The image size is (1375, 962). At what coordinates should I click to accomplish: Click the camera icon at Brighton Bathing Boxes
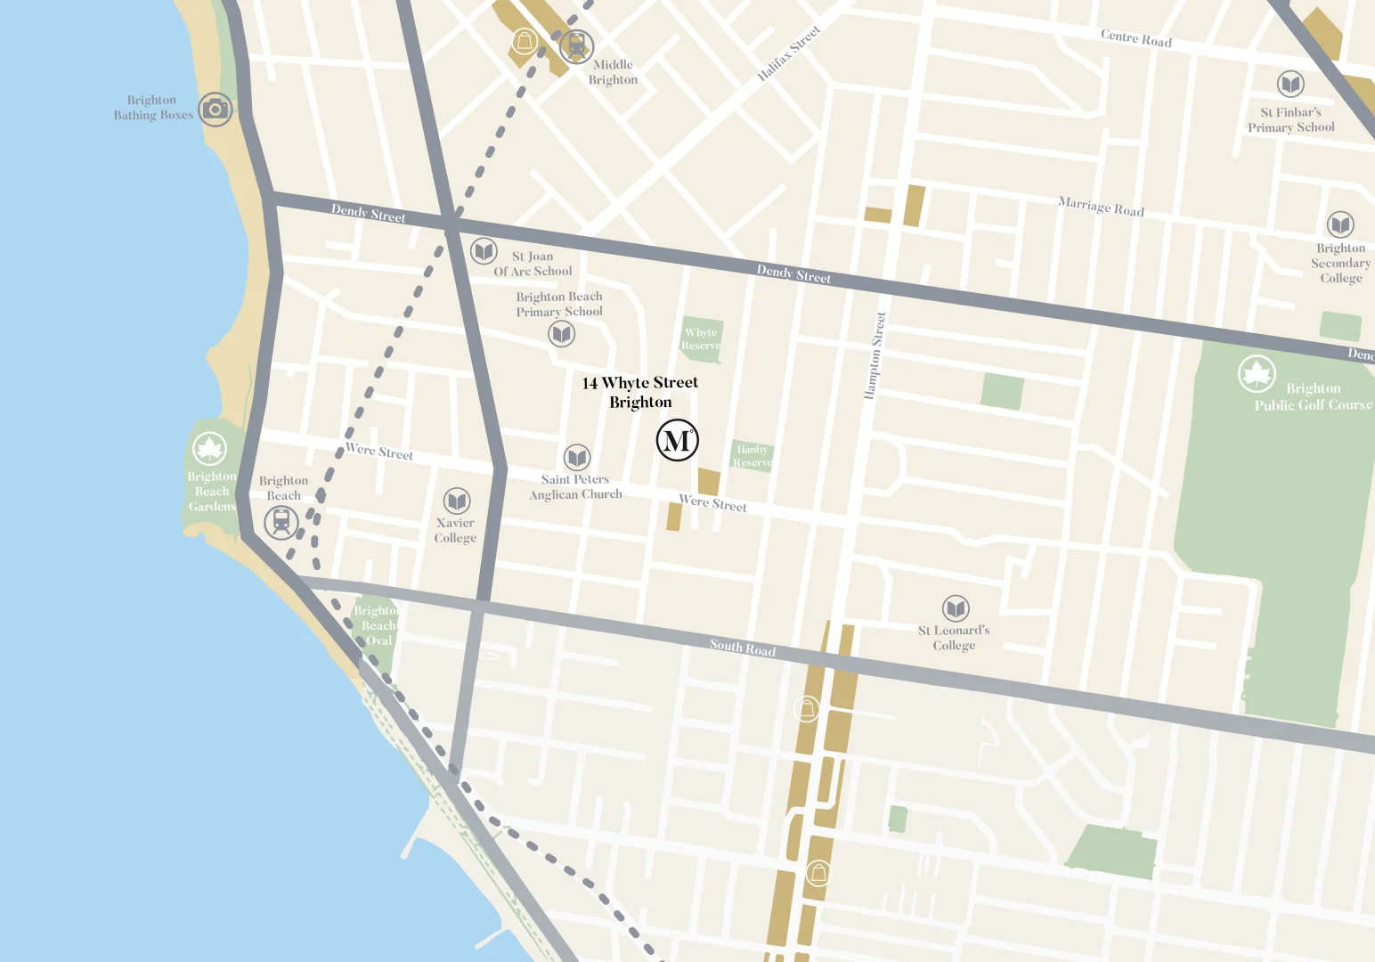pyautogui.click(x=215, y=110)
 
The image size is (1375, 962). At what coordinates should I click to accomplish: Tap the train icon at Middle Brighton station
pyautogui.click(x=576, y=45)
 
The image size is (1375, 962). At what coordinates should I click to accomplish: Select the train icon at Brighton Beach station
pyautogui.click(x=281, y=522)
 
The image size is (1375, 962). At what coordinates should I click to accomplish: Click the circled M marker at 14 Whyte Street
pyautogui.click(x=677, y=440)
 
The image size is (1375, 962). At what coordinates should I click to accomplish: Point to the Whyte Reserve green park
pyautogui.click(x=701, y=339)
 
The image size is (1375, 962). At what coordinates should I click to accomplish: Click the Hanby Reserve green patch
pyautogui.click(x=752, y=455)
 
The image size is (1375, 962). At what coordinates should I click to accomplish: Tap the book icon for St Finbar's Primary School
pyautogui.click(x=1290, y=85)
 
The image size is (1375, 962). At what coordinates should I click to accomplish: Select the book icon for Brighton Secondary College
pyautogui.click(x=1340, y=224)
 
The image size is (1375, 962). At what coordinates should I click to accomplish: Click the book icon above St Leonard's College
pyautogui.click(x=956, y=608)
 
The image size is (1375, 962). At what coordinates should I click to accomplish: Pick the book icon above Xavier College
pyautogui.click(x=457, y=501)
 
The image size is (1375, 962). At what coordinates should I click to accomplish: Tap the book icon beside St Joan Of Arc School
pyautogui.click(x=484, y=251)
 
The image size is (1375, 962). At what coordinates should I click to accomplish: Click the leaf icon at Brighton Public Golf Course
pyautogui.click(x=1257, y=374)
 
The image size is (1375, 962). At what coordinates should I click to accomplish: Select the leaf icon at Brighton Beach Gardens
pyautogui.click(x=209, y=448)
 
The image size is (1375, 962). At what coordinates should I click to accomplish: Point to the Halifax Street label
pyautogui.click(x=788, y=53)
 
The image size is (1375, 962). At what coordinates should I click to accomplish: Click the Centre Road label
pyautogui.click(x=1135, y=38)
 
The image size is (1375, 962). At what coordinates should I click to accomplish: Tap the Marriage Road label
pyautogui.click(x=1101, y=207)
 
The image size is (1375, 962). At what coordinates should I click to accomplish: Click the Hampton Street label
pyautogui.click(x=875, y=355)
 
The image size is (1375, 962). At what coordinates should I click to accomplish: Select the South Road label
pyautogui.click(x=742, y=648)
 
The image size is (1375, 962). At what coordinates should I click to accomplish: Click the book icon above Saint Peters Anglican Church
pyautogui.click(x=577, y=458)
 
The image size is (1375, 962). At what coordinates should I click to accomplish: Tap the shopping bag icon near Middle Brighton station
pyautogui.click(x=524, y=42)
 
